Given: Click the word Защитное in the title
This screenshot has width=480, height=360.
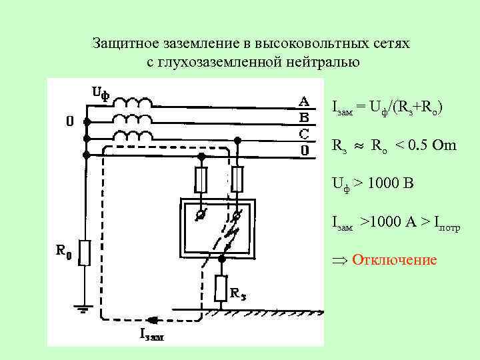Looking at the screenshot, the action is click(122, 44).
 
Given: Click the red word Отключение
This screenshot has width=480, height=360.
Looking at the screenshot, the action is click(394, 259).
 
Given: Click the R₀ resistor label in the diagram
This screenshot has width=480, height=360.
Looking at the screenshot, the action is click(63, 251).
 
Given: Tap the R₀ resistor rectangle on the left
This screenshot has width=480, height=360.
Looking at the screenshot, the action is click(85, 253).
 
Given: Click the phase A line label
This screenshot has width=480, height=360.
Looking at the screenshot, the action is click(303, 101).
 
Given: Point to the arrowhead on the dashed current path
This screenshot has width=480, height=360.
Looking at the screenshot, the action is click(153, 319).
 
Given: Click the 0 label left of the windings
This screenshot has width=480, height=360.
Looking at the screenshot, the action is click(69, 122).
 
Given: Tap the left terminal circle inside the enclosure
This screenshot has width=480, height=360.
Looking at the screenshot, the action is click(200, 215).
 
